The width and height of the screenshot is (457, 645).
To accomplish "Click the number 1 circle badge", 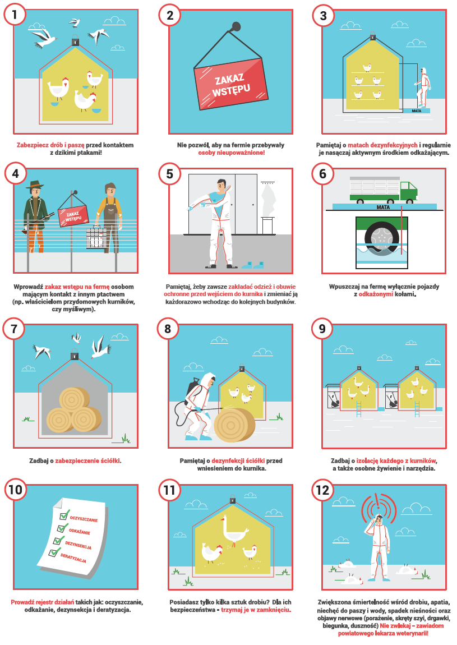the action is coord(15,15).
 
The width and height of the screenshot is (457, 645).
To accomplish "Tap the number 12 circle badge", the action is coord(323,490).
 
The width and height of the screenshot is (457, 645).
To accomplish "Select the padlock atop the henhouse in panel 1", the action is coord(75,40).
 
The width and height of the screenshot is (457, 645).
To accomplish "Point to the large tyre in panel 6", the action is coord(382,237).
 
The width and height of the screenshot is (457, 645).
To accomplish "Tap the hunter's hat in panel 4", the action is coord(35,184).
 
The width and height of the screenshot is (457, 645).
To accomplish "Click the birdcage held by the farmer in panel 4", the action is coord(96,237).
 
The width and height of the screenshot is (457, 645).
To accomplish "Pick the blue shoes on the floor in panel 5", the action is coord(253,265).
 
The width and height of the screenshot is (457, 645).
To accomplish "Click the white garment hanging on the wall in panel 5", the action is coord(268,200).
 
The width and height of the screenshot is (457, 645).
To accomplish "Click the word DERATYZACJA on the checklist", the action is coord(73,558).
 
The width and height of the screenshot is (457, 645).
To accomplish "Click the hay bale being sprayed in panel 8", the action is coord(234,425).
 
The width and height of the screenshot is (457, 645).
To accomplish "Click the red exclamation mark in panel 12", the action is coord(378,500).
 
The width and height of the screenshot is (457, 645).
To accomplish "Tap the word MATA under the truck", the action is coord(383,208).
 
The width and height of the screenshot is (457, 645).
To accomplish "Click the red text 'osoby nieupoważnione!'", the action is coord(231,153).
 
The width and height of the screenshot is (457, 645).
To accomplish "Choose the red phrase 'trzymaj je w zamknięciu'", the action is coord(256,610).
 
